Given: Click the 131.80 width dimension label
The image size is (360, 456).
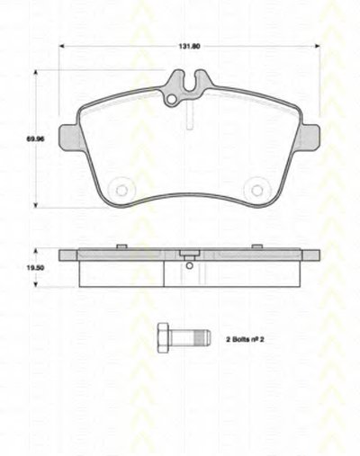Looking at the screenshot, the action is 189,47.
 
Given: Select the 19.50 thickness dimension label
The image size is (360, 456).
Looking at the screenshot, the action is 35,268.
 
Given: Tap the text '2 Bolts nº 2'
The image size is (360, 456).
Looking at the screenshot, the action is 245,340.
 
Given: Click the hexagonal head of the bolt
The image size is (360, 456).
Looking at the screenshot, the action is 164,338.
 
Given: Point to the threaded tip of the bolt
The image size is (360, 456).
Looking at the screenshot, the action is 202,337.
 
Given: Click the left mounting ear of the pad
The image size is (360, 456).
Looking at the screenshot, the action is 69,138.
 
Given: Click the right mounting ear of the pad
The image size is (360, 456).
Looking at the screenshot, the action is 310,138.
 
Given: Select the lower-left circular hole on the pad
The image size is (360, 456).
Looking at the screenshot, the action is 121,190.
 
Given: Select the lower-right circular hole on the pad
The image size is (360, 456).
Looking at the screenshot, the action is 256,190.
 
